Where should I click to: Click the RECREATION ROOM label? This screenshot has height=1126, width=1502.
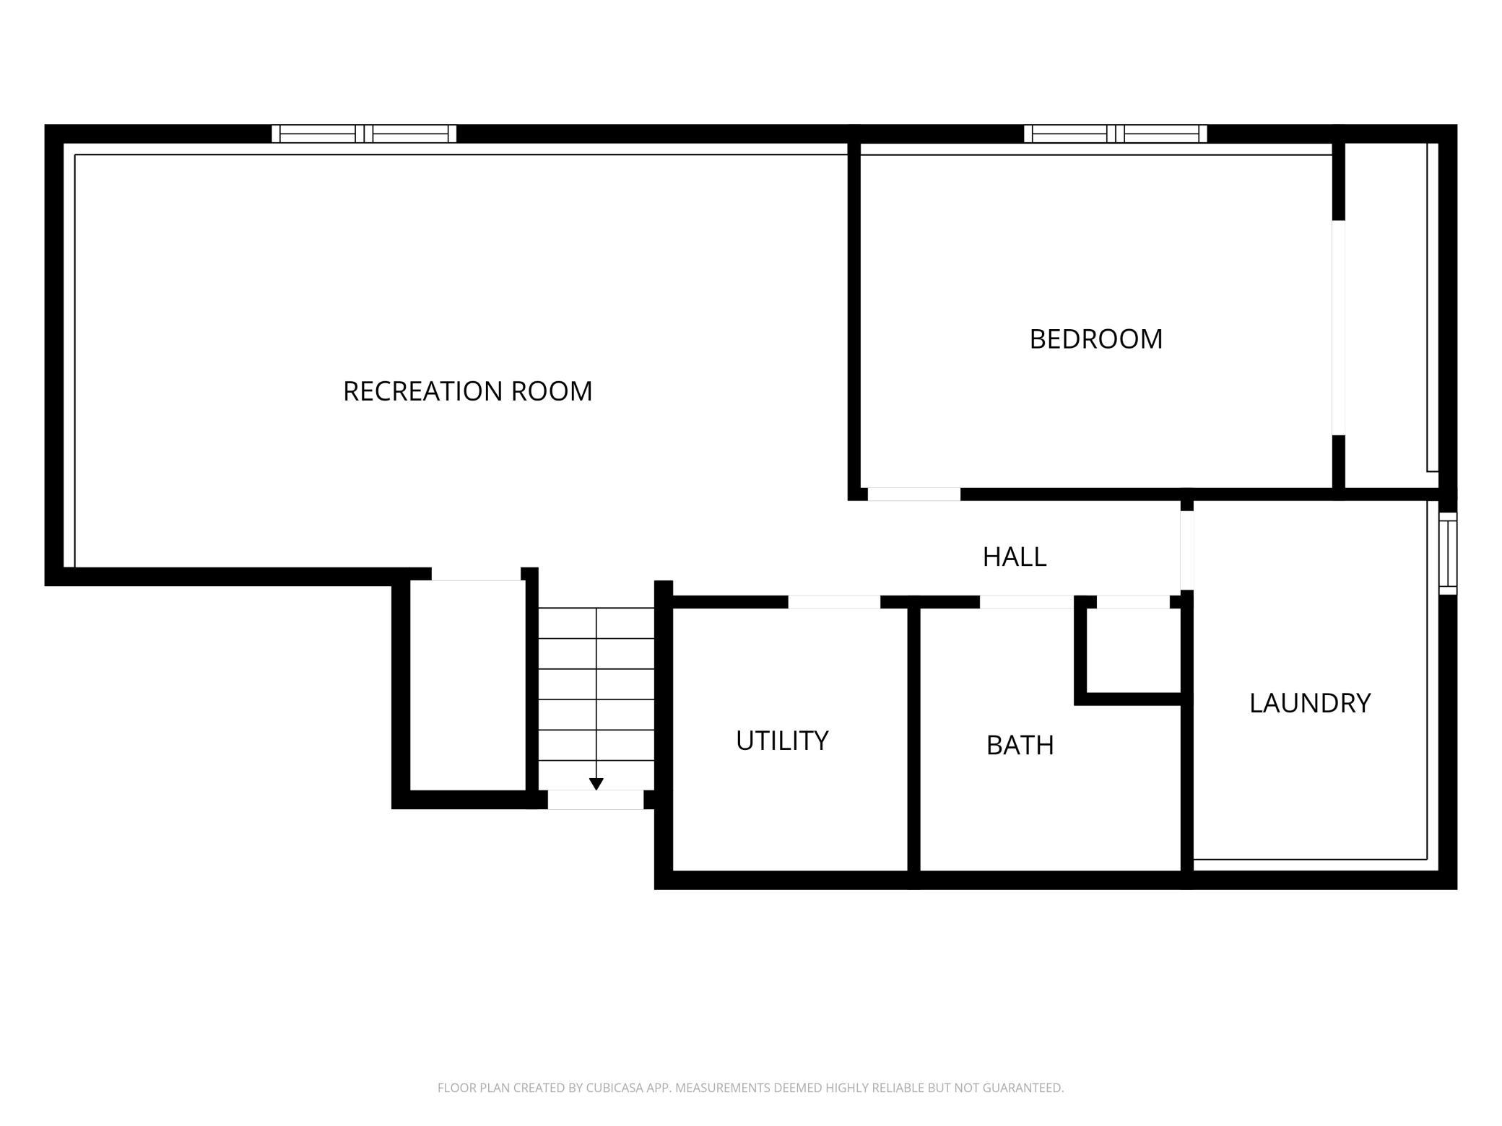[x=467, y=391]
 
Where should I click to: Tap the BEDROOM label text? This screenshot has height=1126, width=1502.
[x=1095, y=339]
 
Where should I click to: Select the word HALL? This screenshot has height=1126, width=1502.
[x=1015, y=557]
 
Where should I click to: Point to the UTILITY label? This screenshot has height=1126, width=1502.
[x=782, y=741]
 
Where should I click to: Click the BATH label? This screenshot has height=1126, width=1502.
[x=1020, y=745]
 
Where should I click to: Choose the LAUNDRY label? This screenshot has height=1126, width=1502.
[x=1310, y=703]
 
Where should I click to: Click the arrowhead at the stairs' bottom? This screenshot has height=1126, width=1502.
[x=596, y=784]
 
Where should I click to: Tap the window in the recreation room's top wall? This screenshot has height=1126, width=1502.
[x=364, y=134]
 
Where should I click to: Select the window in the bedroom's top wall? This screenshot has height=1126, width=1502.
[x=1116, y=134]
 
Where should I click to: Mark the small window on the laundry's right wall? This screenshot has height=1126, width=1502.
[x=1448, y=554]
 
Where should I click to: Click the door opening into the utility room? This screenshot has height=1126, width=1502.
[x=834, y=602]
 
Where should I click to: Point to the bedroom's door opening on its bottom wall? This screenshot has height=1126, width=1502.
[x=914, y=494]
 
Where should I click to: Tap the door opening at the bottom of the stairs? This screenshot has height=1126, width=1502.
[x=596, y=800]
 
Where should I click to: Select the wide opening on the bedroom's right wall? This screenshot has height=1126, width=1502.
[x=1339, y=328]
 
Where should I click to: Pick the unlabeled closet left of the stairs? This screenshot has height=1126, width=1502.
[x=468, y=685]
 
